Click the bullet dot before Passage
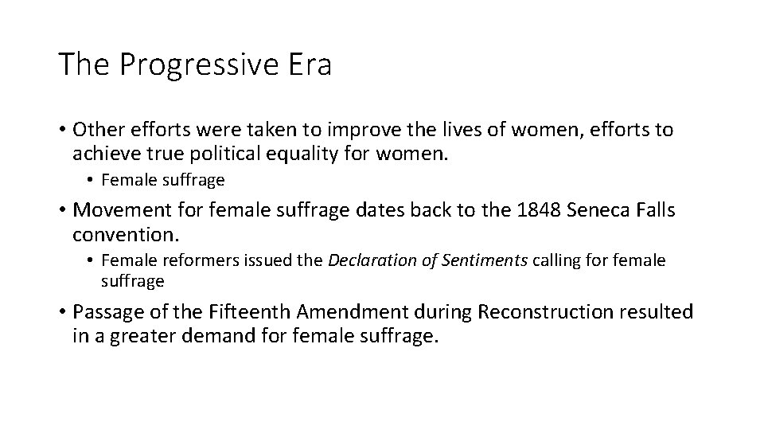pyautogui.click(x=61, y=312)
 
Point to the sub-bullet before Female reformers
pyautogui.click(x=92, y=260)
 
